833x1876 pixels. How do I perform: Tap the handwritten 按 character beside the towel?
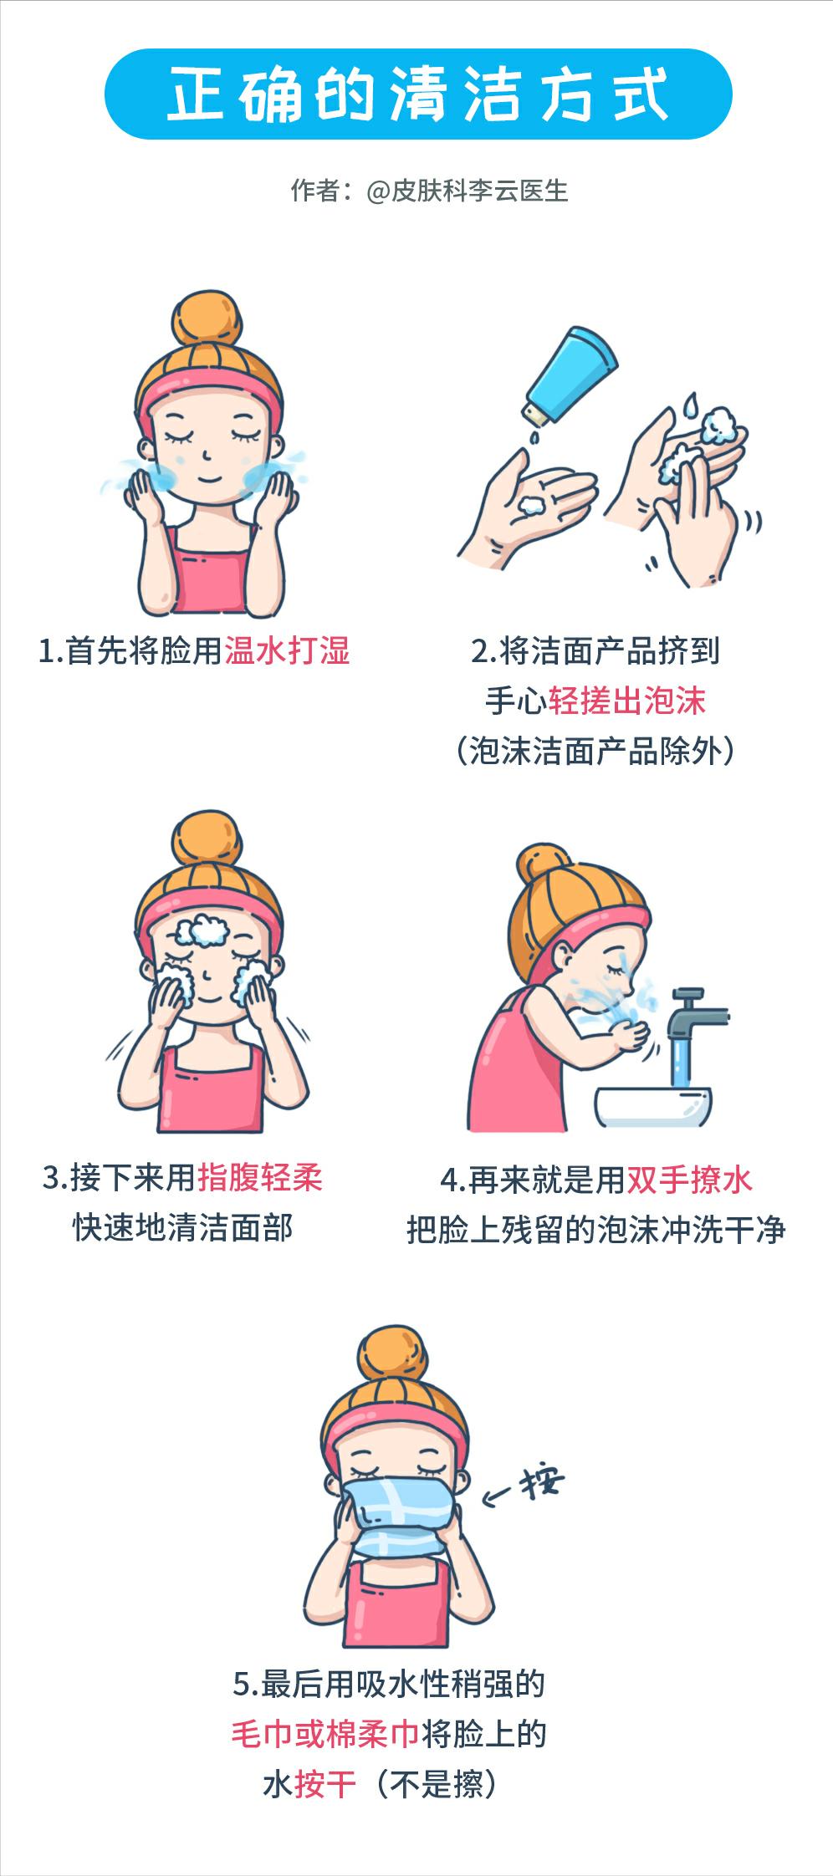[x=541, y=1483]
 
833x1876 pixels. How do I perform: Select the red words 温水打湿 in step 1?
[x=287, y=650]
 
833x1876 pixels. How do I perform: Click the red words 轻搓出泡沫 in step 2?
[x=627, y=701]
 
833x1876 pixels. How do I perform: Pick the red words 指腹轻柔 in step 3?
[x=260, y=1178]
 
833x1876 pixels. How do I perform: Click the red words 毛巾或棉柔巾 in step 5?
[x=325, y=1734]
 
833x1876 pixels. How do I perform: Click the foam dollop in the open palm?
[x=532, y=505]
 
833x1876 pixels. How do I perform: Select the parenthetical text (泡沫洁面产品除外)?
[x=595, y=751]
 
